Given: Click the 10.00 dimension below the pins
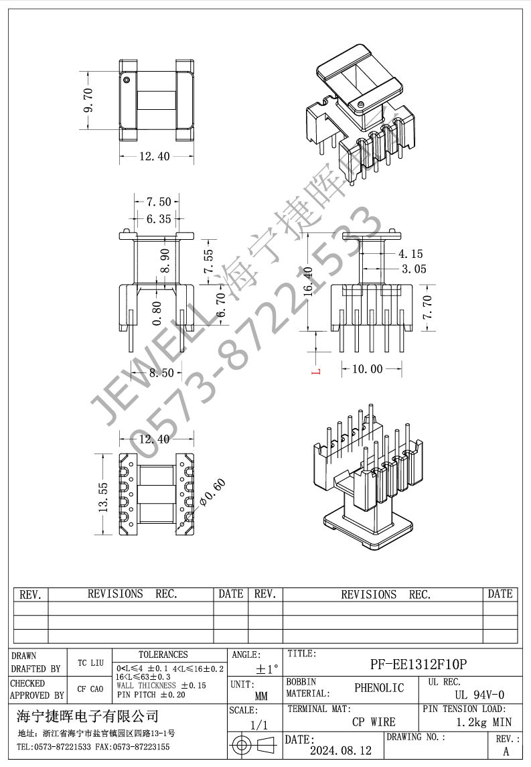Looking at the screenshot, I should coord(367,369).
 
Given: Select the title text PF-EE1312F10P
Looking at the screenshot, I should coord(419,665).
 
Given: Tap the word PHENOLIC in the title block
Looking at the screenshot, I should coord(379,688).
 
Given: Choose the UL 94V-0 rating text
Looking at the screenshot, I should coord(479,695).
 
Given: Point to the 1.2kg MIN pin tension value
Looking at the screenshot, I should coord(483,722).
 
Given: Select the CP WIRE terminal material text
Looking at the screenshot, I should coord(374,722).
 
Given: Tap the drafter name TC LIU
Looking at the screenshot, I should coord(90,663).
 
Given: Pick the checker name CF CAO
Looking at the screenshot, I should coord(90,689).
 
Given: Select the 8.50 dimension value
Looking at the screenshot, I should coord(161,373).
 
